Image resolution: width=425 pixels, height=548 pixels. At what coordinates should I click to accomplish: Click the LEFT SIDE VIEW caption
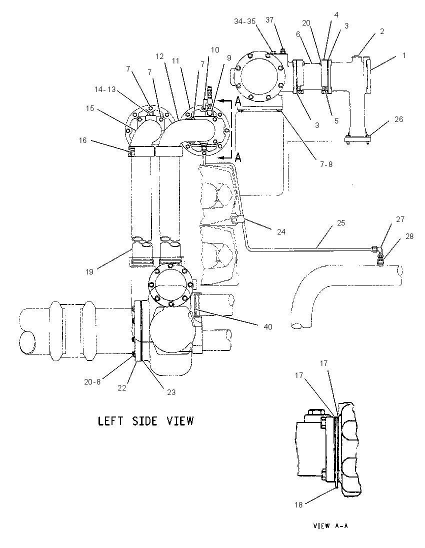[145, 421]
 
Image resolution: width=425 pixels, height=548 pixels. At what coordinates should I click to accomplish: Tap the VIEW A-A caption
[330, 525]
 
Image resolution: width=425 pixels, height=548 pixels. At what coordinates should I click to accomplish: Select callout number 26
[398, 119]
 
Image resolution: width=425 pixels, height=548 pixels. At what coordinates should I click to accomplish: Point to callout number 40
[267, 327]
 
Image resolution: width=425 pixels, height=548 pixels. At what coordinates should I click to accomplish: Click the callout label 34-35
[244, 21]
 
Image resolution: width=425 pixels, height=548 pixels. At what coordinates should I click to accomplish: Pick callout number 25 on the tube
[341, 223]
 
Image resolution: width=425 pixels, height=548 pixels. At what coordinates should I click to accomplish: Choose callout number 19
[89, 271]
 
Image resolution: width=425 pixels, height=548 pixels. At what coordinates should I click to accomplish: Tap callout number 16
[82, 140]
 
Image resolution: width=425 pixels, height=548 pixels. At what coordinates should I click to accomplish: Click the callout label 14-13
[105, 89]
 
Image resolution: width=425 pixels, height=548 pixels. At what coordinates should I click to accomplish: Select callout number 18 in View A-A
[298, 504]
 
